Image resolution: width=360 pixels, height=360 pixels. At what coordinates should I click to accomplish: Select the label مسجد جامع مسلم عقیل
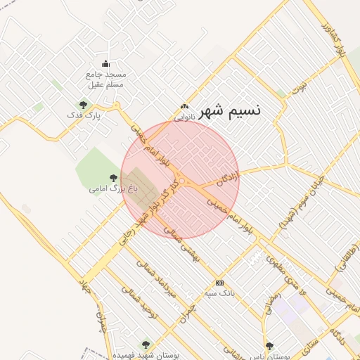[106, 79]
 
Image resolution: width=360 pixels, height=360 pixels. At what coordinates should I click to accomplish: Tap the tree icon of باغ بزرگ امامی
[113, 178]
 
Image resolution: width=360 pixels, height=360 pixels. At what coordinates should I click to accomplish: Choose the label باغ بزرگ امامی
[113, 188]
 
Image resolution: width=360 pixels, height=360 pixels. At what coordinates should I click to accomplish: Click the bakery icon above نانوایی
[184, 106]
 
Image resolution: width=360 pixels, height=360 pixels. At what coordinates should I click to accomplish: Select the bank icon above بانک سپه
[220, 282]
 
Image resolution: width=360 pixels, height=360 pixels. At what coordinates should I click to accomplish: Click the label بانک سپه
[220, 292]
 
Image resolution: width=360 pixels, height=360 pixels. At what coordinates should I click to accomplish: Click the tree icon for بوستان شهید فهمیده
[146, 345]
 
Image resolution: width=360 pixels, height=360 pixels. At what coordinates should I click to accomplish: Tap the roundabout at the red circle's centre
[182, 181]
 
